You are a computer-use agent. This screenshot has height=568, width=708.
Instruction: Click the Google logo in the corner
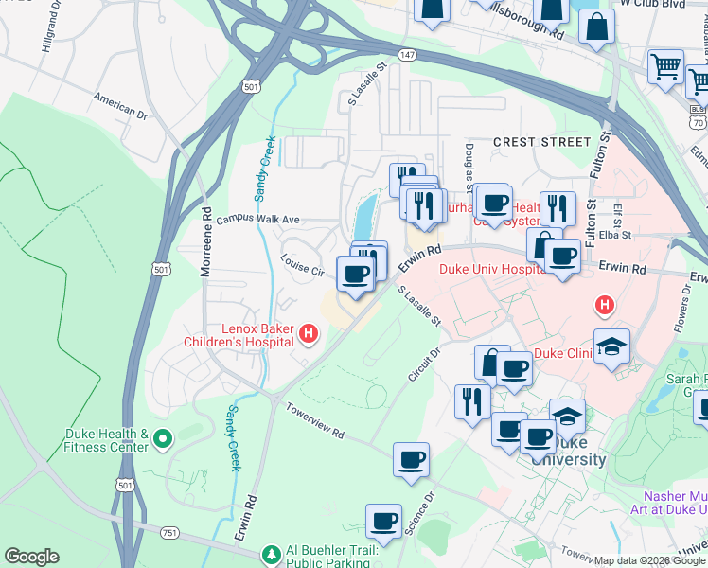coord(31,557)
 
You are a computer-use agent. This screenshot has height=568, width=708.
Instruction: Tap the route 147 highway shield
coord(406,56)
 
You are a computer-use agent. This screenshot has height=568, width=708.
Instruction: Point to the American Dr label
coord(120,104)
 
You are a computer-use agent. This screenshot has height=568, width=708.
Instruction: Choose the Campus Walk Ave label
coord(257,219)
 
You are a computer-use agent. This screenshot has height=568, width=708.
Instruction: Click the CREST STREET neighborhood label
coord(541,142)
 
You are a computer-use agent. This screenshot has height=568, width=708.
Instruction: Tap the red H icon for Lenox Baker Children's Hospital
coord(308,332)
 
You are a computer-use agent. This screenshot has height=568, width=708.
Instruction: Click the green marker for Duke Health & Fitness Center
coord(162,439)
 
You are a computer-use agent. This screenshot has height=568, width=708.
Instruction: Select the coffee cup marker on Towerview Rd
coord(411,460)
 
